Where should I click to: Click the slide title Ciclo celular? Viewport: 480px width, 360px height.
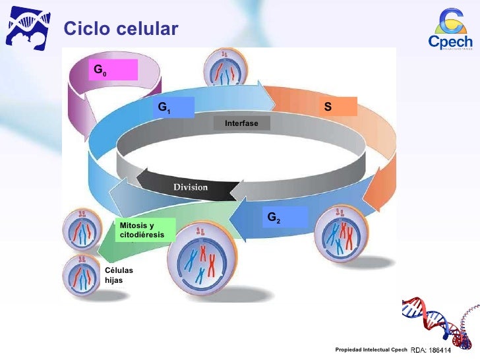point(121,29)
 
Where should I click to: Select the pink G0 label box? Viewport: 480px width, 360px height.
point(113,69)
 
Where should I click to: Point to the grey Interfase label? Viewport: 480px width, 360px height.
point(241,123)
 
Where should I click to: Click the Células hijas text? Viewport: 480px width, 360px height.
point(119,275)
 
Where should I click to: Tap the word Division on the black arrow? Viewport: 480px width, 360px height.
point(191,187)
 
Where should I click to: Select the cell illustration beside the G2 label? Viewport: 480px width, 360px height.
point(342,235)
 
